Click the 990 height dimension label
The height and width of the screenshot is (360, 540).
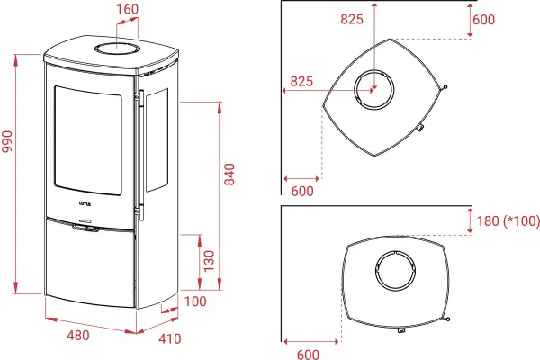[x=7, y=141]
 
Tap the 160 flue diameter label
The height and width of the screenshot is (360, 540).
[x=128, y=9]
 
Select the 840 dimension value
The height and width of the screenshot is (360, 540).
[x=229, y=175]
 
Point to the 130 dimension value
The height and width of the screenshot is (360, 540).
[x=209, y=261]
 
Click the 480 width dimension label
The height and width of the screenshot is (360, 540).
[x=78, y=335]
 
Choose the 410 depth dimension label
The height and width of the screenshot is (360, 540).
[x=170, y=339]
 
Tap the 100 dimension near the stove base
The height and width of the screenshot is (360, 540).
[x=195, y=301]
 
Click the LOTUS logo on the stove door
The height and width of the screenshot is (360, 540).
[x=85, y=203]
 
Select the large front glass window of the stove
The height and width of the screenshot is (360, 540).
[x=88, y=140]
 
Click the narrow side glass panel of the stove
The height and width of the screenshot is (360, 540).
[x=157, y=139]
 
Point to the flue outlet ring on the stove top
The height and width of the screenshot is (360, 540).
[x=118, y=49]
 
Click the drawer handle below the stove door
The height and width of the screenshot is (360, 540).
[x=85, y=229]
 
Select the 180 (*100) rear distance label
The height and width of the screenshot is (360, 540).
[x=508, y=220]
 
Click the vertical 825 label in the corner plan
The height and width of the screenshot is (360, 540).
[x=352, y=19]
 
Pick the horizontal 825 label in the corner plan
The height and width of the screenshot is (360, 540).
[x=301, y=81]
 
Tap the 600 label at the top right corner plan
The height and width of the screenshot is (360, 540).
[x=483, y=20]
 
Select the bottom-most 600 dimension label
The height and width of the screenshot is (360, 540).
[x=308, y=355]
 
